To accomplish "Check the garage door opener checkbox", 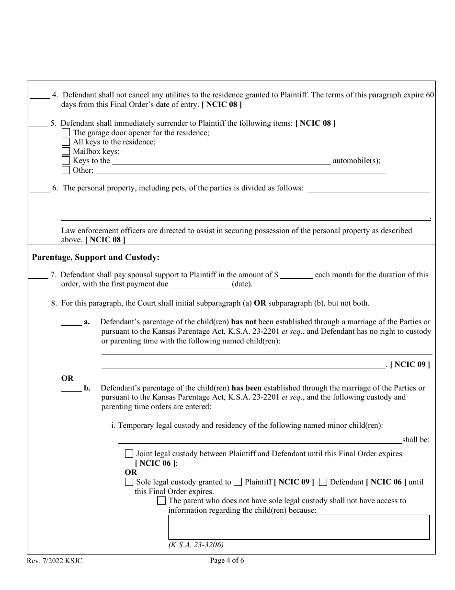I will pyautogui.click(x=66, y=132).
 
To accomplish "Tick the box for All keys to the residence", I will pyautogui.click(x=66, y=142).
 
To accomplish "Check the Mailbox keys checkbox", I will pyautogui.click(x=66, y=152).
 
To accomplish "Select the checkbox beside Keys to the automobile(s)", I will pyautogui.click(x=66, y=161).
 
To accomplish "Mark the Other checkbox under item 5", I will pyautogui.click(x=66, y=170).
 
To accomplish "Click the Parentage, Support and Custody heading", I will pyautogui.click(x=95, y=258).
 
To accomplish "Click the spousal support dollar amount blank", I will pyautogui.click(x=296, y=275).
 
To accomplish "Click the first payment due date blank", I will pyautogui.click(x=200, y=284).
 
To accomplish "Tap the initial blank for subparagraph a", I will pyautogui.click(x=71, y=322).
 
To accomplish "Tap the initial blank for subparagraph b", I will pyautogui.click(x=71, y=388).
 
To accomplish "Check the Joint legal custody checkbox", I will pyautogui.click(x=129, y=454).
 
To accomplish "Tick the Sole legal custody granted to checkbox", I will pyautogui.click(x=129, y=482).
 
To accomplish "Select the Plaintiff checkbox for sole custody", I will pyautogui.click(x=238, y=482).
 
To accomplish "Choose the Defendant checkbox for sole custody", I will pyautogui.click(x=323, y=482).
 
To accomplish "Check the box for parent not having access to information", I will pyautogui.click(x=161, y=501).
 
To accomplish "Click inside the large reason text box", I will pyautogui.click(x=298, y=527).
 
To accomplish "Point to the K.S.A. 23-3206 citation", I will pyautogui.click(x=196, y=545).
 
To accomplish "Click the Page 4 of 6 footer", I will pyautogui.click(x=227, y=560).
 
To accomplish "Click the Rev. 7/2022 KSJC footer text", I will pyautogui.click(x=55, y=561).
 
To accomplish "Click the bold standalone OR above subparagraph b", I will pyautogui.click(x=67, y=378).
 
